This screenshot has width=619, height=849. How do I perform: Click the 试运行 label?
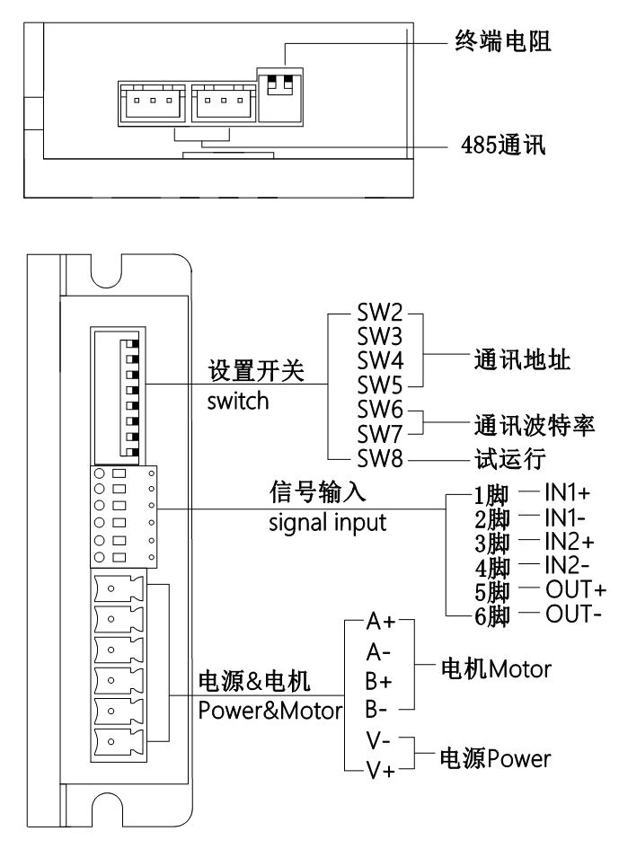509,459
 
